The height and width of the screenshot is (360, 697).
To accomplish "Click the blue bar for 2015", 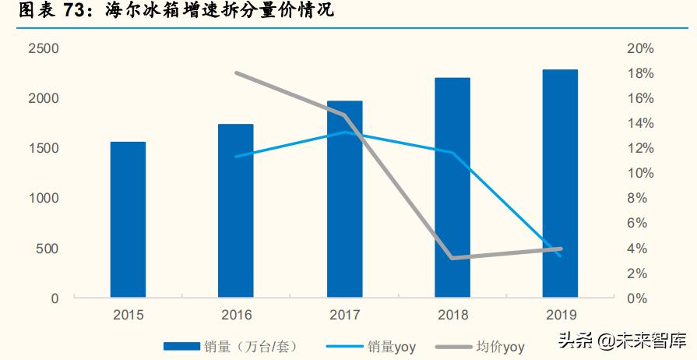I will tap(128, 220).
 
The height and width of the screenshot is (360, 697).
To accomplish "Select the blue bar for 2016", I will tap(236, 210).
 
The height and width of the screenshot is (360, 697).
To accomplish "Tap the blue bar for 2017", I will tap(344, 199).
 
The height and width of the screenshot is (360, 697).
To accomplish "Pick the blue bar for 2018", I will tap(452, 188).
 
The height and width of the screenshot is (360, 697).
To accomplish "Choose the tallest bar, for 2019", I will tap(560, 184).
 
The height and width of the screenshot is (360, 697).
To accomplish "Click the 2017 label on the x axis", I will tap(344, 316).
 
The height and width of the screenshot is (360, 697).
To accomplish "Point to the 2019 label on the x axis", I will tap(560, 316).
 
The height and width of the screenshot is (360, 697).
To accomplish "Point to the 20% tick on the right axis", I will tap(640, 48).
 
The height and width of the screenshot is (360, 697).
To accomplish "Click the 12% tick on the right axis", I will tap(640, 149).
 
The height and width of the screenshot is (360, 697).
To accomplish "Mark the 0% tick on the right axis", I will tap(637, 298).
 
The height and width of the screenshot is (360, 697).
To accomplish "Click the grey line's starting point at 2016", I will tap(236, 73).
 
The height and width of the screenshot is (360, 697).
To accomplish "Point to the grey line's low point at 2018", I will tap(452, 258).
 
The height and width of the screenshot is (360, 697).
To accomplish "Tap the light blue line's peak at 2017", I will tap(344, 132).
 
